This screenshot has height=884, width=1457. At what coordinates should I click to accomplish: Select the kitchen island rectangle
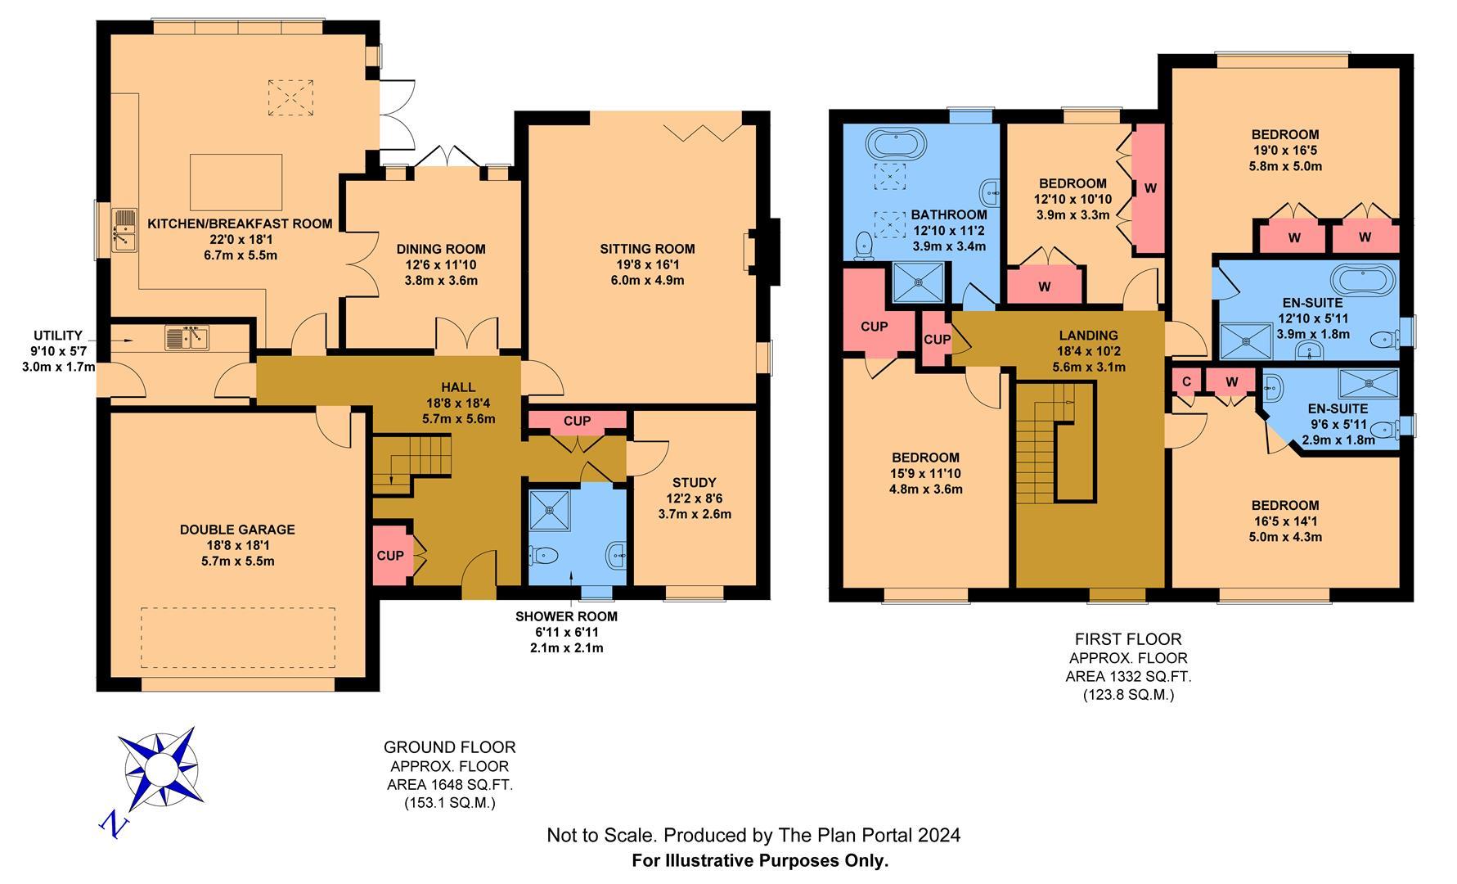[236, 183]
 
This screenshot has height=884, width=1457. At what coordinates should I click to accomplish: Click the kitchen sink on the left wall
[124, 230]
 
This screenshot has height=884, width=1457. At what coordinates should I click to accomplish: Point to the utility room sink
[187, 337]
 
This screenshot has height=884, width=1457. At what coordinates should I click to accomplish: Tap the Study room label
[695, 483]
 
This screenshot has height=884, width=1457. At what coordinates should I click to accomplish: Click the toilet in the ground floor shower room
[542, 556]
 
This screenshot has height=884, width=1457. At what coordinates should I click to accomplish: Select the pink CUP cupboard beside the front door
[390, 556]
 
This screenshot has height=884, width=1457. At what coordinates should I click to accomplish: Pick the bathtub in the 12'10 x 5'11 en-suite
[1361, 280]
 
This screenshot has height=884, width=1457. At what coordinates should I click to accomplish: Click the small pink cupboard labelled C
[1186, 381]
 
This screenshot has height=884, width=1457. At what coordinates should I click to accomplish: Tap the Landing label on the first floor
[1088, 335]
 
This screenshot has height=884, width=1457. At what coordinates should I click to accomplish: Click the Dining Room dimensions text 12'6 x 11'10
[441, 264]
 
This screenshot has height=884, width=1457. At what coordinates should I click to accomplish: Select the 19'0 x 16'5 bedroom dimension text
[1285, 151]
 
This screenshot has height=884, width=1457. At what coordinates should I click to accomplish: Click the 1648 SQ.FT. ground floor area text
[450, 785]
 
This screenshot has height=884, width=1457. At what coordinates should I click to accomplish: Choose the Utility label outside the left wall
[57, 336]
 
